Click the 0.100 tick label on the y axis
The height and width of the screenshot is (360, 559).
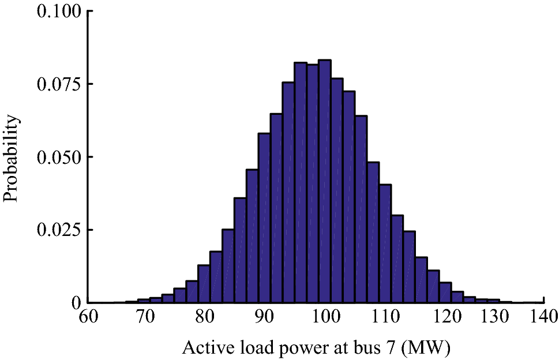pyautogui.click(x=60, y=12)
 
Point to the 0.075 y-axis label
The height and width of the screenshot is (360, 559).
pyautogui.click(x=60, y=84)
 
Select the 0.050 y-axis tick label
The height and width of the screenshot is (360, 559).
pyautogui.click(x=60, y=157)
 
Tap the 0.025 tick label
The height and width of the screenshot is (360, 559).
pyautogui.click(x=60, y=230)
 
